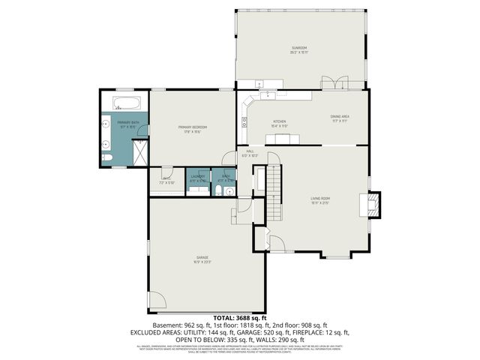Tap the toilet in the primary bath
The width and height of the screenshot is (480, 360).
tap(106, 157)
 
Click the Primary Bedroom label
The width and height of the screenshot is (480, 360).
tap(192, 128)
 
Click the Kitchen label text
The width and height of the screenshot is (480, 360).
tap(279, 122)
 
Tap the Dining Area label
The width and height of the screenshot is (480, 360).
tap(340, 117)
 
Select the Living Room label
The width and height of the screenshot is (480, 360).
tap(320, 200)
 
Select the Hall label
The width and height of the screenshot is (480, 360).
tap(250, 153)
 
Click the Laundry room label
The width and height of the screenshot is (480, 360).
tap(197, 178)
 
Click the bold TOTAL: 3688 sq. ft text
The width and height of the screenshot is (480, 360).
tap(239, 319)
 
